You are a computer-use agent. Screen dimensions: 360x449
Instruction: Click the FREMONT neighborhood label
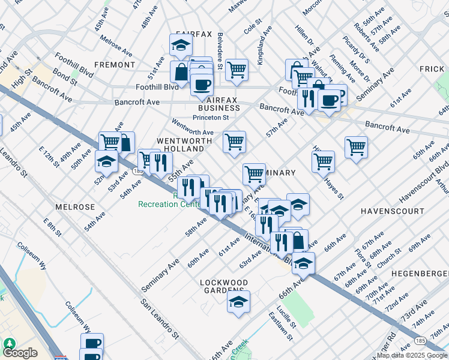(115, 64)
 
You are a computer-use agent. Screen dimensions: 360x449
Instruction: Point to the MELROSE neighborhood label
(76, 206)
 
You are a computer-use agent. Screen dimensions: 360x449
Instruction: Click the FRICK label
(432, 69)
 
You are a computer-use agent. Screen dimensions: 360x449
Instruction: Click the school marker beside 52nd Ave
(106, 161)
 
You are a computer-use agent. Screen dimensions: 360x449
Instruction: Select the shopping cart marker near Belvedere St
(237, 68)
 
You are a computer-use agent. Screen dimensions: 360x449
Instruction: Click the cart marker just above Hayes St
(323, 160)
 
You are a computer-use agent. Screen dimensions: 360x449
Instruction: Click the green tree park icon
(10, 343)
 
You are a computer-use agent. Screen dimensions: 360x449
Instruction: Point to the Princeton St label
(210, 118)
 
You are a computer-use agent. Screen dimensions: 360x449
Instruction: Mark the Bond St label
(62, 76)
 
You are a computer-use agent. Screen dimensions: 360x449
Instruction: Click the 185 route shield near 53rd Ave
(138, 172)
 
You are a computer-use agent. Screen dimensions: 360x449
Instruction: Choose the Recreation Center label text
(168, 204)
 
